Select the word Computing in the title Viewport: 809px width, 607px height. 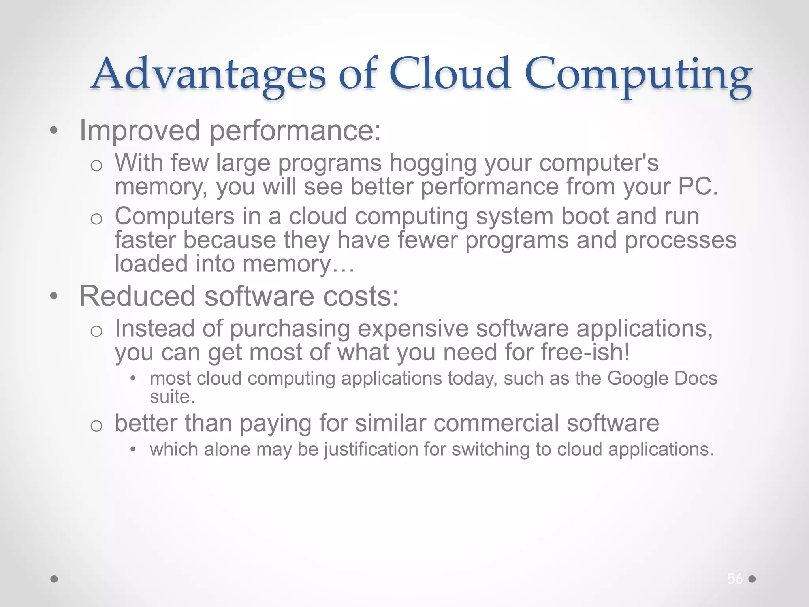point(638,75)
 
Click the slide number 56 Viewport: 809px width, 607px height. point(735,579)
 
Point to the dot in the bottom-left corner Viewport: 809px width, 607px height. point(55,579)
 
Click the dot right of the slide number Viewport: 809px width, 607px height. point(752,579)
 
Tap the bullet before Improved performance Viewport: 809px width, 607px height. point(54,131)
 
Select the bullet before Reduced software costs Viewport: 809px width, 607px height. point(54,296)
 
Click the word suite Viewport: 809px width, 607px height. point(172,397)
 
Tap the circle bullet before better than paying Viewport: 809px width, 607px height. point(96,426)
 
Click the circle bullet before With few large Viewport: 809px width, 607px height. point(96,165)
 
